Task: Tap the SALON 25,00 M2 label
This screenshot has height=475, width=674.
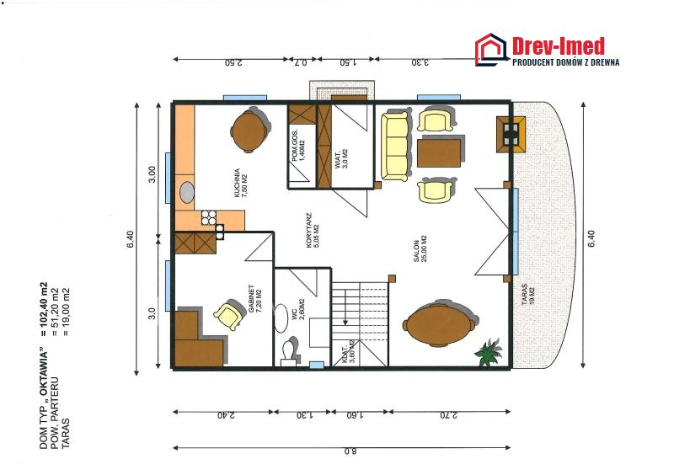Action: point(420,249)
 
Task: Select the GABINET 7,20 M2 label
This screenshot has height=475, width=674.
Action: point(255,298)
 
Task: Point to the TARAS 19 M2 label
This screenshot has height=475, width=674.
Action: point(528,295)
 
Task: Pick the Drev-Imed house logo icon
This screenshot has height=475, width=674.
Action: point(491,50)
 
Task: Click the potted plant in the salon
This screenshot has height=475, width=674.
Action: point(489,352)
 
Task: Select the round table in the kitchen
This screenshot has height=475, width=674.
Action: point(249,131)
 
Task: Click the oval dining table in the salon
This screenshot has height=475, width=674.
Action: point(439,324)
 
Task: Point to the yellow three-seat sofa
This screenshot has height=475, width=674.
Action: point(394,147)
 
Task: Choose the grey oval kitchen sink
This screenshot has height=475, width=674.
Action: point(186,192)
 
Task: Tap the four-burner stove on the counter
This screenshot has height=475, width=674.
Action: point(209,217)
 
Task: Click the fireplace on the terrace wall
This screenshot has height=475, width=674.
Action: point(511,134)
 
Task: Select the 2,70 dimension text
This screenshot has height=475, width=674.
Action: point(449,415)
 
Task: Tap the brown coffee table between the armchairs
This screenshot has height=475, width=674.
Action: point(438,153)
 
